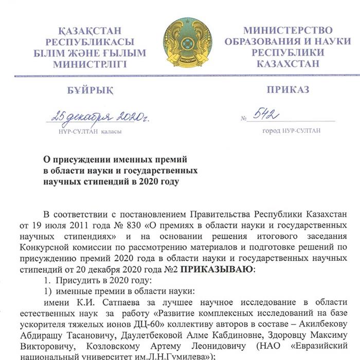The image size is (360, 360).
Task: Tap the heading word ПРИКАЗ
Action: [287, 90]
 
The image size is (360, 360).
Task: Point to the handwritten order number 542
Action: [271, 114]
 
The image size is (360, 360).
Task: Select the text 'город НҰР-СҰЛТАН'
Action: [291, 131]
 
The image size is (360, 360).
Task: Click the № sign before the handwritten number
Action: [244, 118]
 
